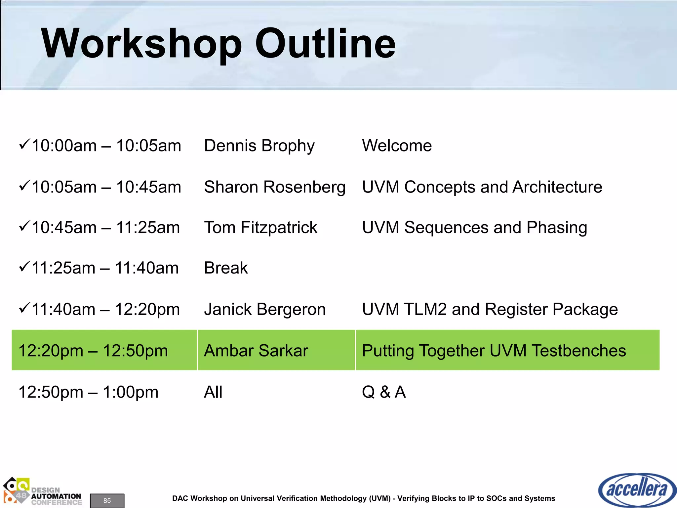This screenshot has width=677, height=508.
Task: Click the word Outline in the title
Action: (x=326, y=44)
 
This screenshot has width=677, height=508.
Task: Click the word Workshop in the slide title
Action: (x=141, y=44)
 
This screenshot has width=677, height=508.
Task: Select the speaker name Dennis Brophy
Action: (x=259, y=146)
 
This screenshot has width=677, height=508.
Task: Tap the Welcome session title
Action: (x=397, y=146)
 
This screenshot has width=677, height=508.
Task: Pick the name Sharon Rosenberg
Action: (x=275, y=187)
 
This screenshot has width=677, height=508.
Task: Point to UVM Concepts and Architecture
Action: (x=482, y=187)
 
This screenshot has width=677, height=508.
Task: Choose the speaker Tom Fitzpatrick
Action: (x=260, y=228)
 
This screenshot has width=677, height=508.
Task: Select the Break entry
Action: (x=226, y=268)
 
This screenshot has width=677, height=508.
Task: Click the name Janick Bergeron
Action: (x=265, y=310)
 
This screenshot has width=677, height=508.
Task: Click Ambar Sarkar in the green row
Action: (x=256, y=351)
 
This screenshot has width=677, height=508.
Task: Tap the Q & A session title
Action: (x=383, y=392)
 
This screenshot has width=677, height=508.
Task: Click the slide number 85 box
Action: (x=107, y=500)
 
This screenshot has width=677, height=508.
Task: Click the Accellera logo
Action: (x=637, y=490)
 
